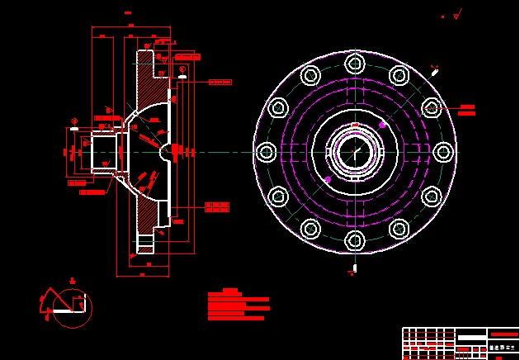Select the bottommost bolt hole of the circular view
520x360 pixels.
(x=355, y=240)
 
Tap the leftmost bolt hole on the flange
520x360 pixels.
(x=266, y=152)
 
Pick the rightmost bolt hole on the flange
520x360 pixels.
(x=443, y=152)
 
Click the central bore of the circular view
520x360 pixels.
(x=355, y=152)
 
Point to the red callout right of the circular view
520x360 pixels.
(x=466, y=108)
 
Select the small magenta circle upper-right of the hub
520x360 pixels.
(x=383, y=125)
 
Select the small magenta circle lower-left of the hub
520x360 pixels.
(x=328, y=179)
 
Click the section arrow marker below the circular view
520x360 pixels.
(x=354, y=268)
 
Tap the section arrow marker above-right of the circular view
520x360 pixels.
(x=435, y=70)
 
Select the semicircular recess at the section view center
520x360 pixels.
(x=168, y=151)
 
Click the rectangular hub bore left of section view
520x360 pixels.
(x=104, y=151)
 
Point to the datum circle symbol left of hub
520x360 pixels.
(x=74, y=120)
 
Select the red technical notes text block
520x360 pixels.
(x=237, y=305)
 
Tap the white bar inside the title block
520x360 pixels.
(x=472, y=335)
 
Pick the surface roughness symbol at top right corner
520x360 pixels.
(x=457, y=14)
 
